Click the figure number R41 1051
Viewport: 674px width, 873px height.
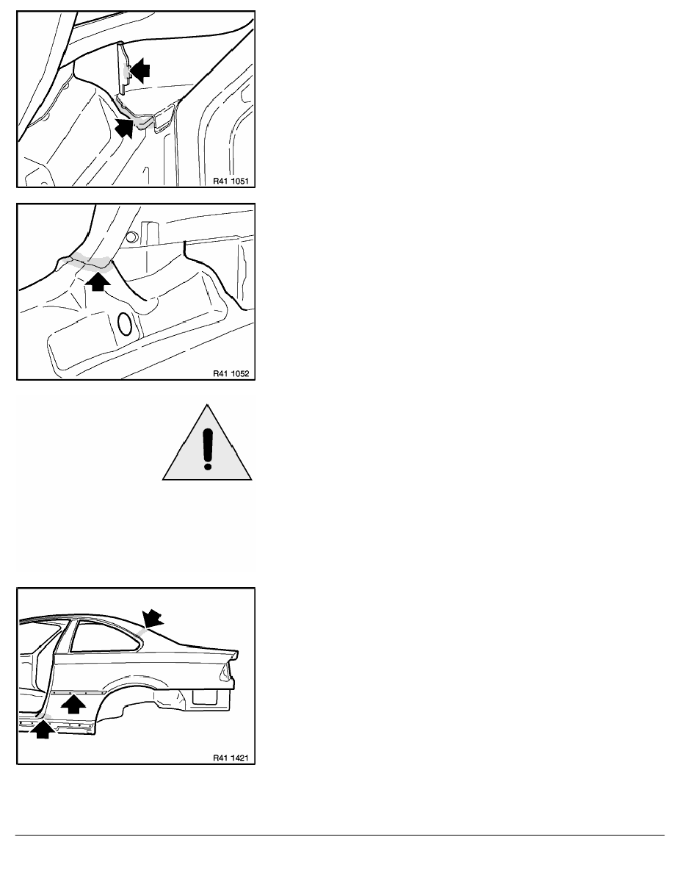pos(231,181)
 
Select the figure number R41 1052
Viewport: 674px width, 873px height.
pos(231,373)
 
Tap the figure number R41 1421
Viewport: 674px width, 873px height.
pos(231,758)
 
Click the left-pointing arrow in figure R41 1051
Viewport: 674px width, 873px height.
pos(139,70)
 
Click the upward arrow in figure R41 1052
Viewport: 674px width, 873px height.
pos(98,281)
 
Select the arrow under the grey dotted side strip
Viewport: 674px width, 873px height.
pos(73,705)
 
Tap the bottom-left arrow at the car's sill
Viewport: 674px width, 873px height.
pos(43,730)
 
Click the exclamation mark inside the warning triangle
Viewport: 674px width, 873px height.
pos(208,449)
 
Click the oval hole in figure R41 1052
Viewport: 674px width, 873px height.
pos(126,325)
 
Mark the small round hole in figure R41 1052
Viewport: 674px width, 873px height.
pos(131,237)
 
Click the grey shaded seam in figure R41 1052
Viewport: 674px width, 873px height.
pos(89,262)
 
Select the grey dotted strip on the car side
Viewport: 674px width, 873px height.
pos(79,693)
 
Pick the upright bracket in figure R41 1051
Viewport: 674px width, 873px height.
pos(124,65)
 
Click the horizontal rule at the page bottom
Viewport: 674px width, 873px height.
pos(340,835)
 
